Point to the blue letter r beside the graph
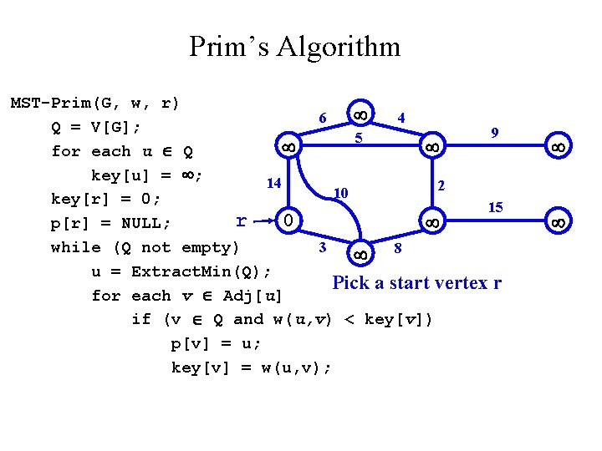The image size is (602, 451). [241, 220]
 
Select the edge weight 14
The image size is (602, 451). [273, 182]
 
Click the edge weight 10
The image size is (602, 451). [340, 193]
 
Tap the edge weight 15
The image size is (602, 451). [495, 206]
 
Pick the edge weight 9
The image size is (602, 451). [495, 132]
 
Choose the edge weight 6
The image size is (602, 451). [323, 119]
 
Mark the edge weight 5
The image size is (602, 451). [358, 138]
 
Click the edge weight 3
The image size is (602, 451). [323, 247]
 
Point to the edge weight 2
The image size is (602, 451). [442, 184]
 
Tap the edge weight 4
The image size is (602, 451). [402, 118]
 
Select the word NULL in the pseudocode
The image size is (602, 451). [143, 223]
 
